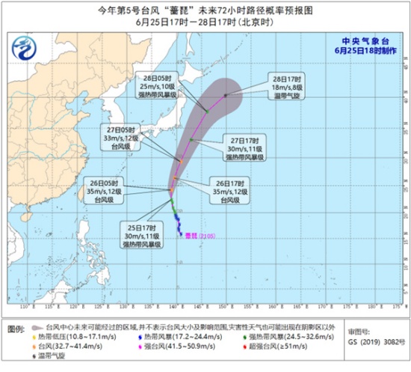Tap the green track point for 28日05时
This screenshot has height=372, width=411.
[x=205, y=112]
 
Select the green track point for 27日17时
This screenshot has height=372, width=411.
[x=192, y=139]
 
